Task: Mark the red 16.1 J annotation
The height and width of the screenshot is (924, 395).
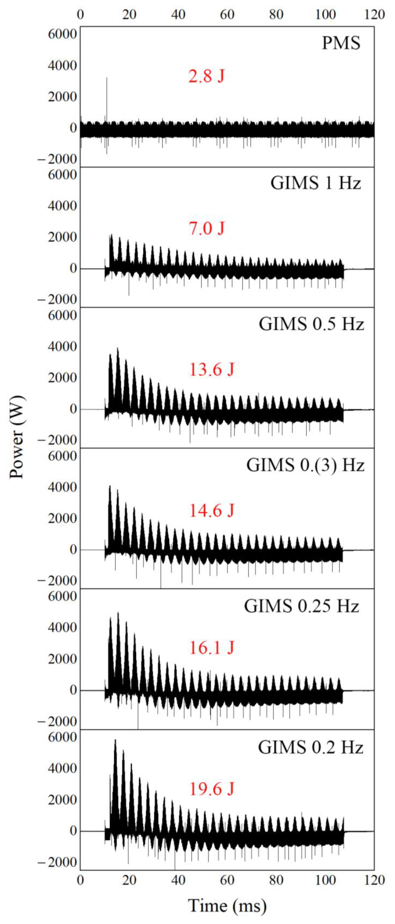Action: [x=211, y=647]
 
